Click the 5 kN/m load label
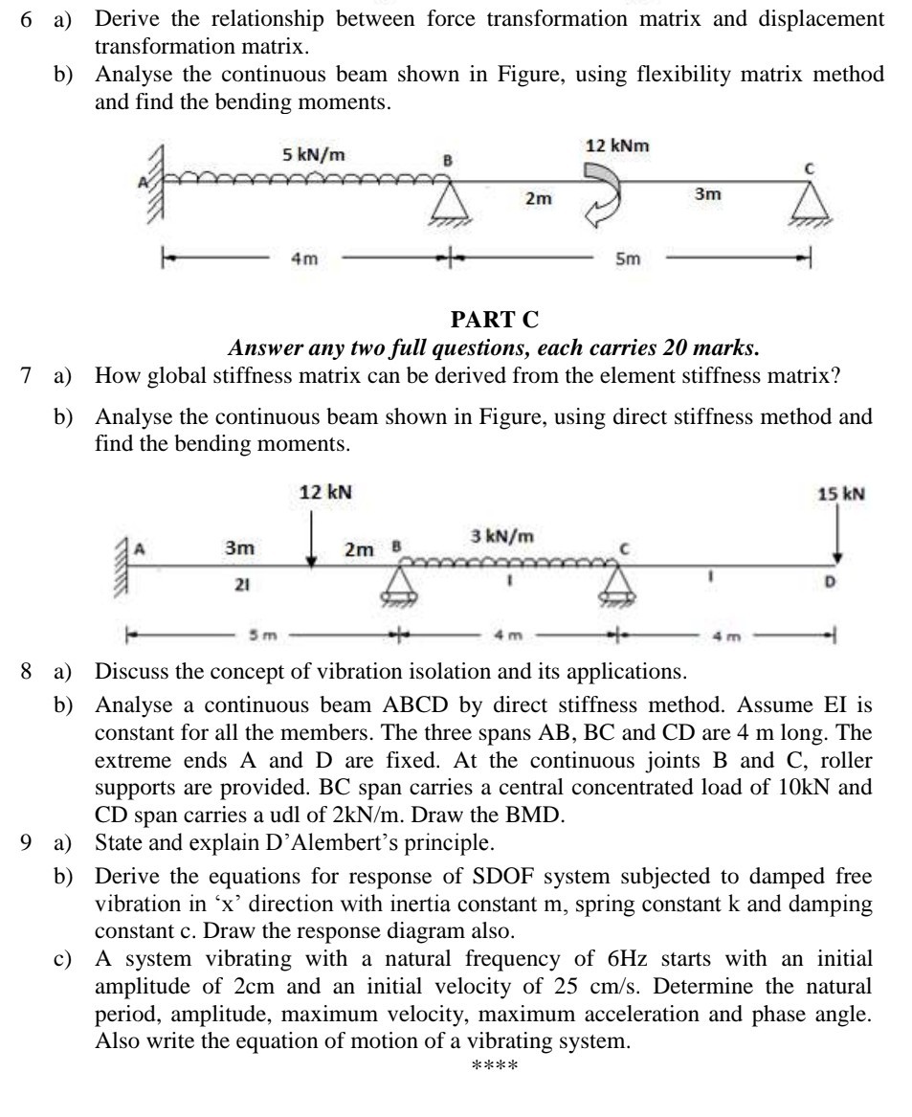[313, 155]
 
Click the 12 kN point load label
[324, 493]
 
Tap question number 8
[28, 669]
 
